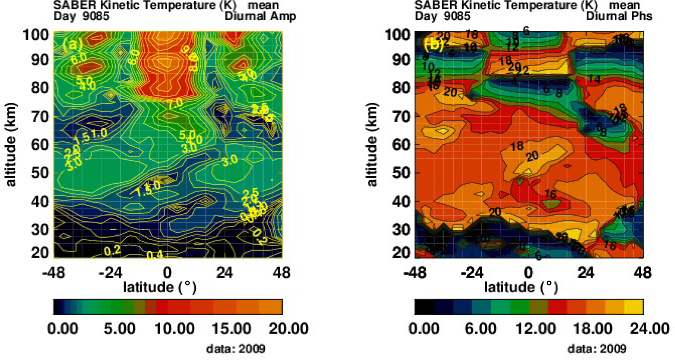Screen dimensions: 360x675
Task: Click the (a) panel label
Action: pyautogui.click(x=72, y=45)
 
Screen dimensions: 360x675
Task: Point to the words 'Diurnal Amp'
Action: pyautogui.click(x=260, y=16)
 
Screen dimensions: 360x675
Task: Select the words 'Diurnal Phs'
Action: pyautogui.click(x=619, y=16)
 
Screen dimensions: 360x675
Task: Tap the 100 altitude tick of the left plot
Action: pyautogui.click(x=36, y=35)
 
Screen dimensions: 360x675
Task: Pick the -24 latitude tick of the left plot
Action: pyautogui.click(x=110, y=272)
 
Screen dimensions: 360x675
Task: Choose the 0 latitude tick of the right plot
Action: pyautogui.click(x=528, y=272)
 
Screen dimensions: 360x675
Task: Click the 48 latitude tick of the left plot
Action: pyautogui.click(x=281, y=272)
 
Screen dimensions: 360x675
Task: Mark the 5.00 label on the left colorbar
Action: pyautogui.click(x=119, y=329)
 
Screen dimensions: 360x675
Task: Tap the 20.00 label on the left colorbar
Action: pyautogui.click(x=288, y=329)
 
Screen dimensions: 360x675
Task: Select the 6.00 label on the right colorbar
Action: pyautogui.click(x=481, y=329)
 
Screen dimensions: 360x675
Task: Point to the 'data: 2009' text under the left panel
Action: pyautogui.click(x=235, y=349)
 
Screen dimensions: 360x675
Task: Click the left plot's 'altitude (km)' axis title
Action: pyautogui.click(x=11, y=144)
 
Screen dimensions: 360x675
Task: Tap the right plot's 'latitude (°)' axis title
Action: pyautogui.click(x=521, y=287)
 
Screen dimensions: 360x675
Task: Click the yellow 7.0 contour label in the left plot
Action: pyautogui.click(x=174, y=103)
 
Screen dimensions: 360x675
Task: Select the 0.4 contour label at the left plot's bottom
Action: pyautogui.click(x=155, y=255)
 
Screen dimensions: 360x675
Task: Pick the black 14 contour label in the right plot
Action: pyautogui.click(x=594, y=79)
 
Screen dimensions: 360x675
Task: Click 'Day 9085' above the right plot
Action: pyautogui.click(x=442, y=16)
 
